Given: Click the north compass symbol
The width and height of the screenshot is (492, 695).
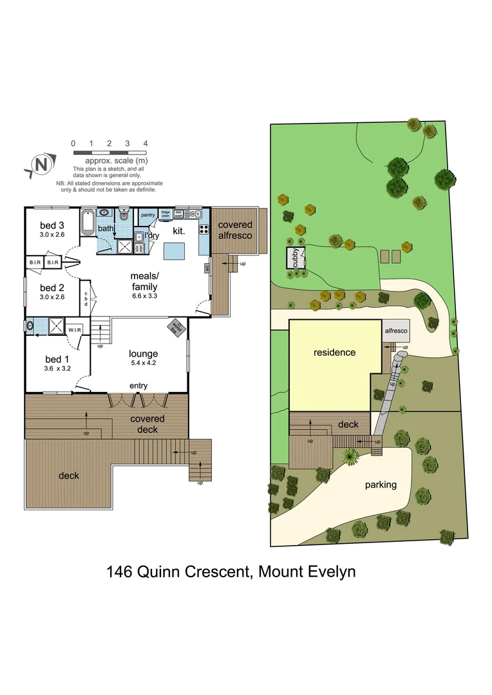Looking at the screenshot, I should tap(41, 165).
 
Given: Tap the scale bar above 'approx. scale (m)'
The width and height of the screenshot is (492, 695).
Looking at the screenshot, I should tap(109, 153).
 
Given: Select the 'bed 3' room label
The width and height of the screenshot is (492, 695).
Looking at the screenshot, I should tap(52, 225).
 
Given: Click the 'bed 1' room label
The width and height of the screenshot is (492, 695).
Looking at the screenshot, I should tap(57, 359).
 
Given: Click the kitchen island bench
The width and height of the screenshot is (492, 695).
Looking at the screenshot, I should tap(174, 250).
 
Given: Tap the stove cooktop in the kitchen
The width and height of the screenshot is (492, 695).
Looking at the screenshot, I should tap(203, 228).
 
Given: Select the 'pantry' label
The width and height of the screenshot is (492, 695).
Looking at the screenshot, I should tap(148, 215).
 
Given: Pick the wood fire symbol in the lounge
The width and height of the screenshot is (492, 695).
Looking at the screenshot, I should tap(175, 328).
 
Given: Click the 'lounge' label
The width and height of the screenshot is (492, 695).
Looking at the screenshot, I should tap(143, 353).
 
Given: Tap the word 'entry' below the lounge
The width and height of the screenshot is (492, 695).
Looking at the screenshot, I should tap(138, 386).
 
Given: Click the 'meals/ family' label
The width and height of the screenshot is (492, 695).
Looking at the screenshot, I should tap(144, 281).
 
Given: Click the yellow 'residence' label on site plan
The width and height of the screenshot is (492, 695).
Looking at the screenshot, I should tap(334, 353).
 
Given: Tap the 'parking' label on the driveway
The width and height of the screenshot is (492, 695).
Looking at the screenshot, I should tap(380, 485).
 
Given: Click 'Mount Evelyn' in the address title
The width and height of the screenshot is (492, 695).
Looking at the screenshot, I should tap(307, 571).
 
